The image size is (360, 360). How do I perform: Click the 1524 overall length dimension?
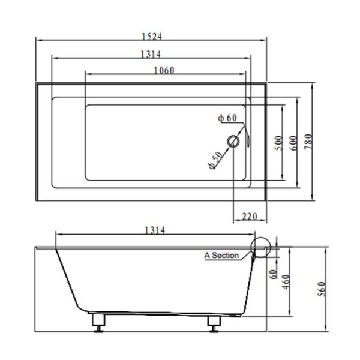[x=151, y=36]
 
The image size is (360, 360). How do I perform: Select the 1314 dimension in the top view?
[x=151, y=55]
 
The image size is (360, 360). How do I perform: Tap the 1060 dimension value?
[x=164, y=70]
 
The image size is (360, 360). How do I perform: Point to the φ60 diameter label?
[x=228, y=118]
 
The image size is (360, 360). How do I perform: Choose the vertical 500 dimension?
[x=278, y=143]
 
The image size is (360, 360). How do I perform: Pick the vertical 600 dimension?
[x=293, y=143]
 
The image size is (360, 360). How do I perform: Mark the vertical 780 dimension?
[x=308, y=142]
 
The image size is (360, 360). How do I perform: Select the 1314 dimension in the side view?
[x=155, y=230]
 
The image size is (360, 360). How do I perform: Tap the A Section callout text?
[x=221, y=256]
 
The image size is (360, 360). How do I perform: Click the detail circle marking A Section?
[x=262, y=246]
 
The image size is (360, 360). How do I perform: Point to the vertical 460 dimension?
[x=286, y=281]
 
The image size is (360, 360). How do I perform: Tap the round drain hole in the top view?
[x=233, y=142]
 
